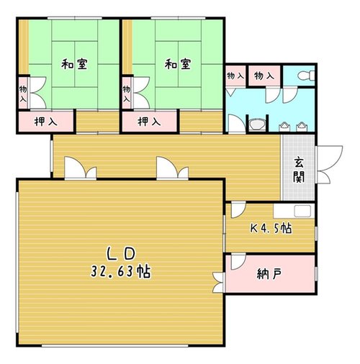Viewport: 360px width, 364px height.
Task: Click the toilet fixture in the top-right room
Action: [x=306, y=76]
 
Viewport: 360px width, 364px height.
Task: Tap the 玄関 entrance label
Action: [x=299, y=170]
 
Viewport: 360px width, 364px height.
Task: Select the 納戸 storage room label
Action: [x=269, y=274]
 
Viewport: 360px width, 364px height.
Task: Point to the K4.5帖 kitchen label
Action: [x=271, y=228]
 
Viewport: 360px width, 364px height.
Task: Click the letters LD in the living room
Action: [x=121, y=254]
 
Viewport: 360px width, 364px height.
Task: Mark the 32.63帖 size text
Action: [x=120, y=272]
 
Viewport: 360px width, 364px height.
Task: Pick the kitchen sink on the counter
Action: [x=302, y=211]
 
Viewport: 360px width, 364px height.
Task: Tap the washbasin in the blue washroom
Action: [x=256, y=124]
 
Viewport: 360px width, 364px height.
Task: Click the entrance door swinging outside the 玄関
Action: [x=329, y=165]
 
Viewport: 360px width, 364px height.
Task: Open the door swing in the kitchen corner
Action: [x=238, y=210]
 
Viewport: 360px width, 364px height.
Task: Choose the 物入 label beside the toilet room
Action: [x=264, y=76]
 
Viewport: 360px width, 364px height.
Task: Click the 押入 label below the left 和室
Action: [x=46, y=122]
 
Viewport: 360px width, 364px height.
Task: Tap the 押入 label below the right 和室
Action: [x=149, y=122]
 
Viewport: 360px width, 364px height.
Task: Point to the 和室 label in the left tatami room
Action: [x=74, y=64]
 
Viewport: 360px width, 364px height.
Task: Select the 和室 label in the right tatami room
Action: [x=178, y=64]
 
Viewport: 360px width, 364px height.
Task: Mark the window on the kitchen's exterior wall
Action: [x=316, y=233]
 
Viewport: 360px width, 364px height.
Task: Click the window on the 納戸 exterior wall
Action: [x=316, y=273]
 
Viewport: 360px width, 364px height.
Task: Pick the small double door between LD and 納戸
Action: [x=218, y=283]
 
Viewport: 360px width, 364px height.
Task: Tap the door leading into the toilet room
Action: [x=290, y=96]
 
